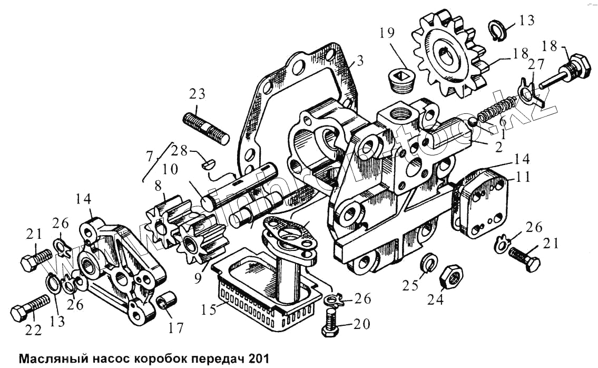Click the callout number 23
pyautogui.click(x=198, y=95)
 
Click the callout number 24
pyautogui.click(x=436, y=299)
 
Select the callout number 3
pyautogui.click(x=359, y=62)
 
